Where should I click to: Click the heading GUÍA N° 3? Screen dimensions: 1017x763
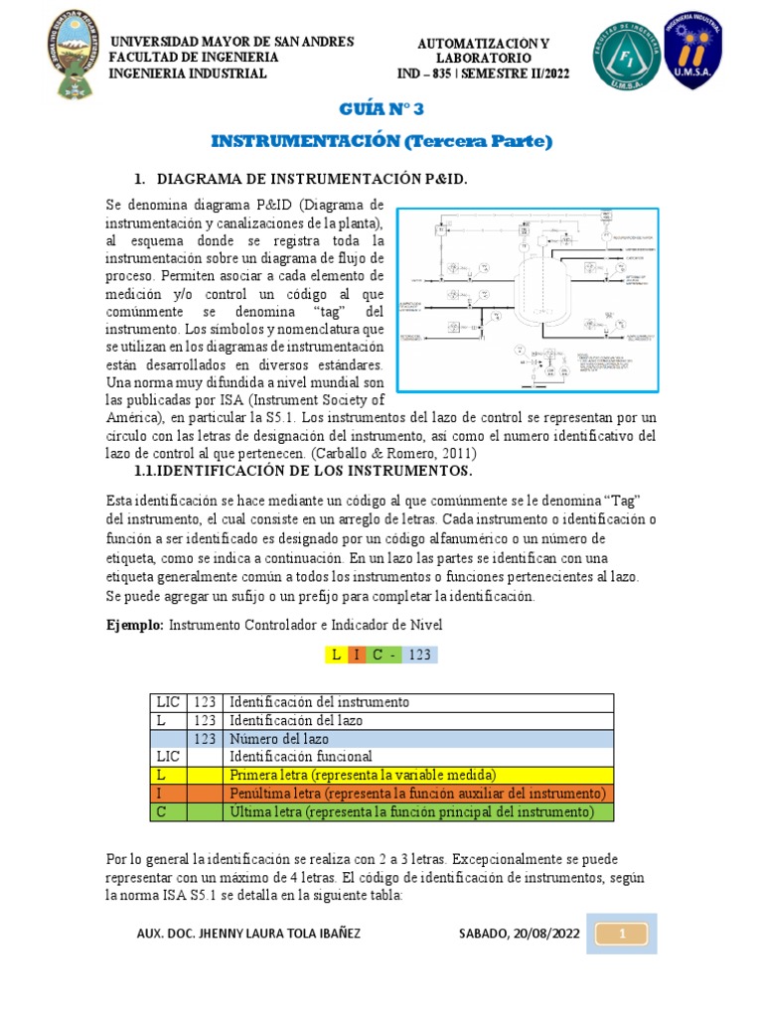coord(381,109)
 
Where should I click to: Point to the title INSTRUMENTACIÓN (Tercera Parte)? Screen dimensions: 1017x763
coord(381,142)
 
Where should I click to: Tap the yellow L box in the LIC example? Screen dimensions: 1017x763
coord(336,654)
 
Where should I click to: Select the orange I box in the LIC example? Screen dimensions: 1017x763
coord(357,654)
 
